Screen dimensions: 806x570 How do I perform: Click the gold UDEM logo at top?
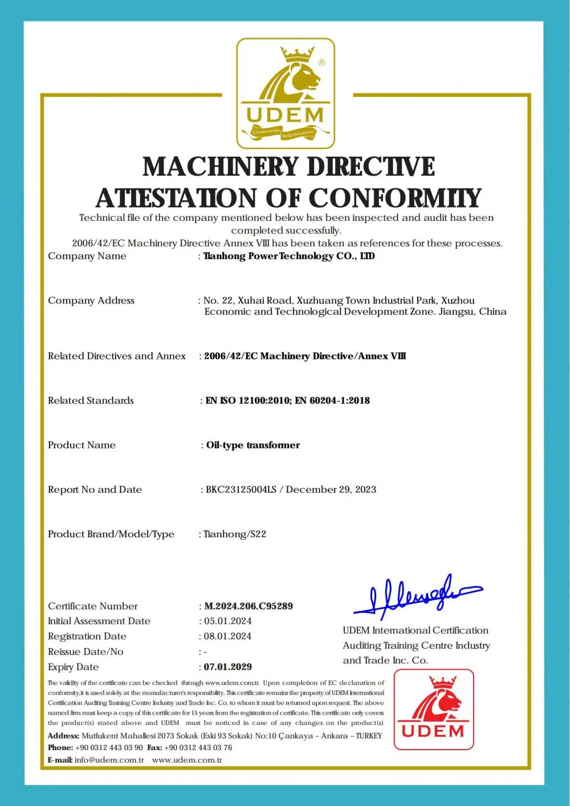286,94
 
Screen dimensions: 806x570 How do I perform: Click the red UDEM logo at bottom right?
434,709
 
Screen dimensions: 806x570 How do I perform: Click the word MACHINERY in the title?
218,167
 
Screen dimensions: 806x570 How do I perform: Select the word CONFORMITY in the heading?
394,198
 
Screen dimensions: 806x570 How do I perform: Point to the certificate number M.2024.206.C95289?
249,606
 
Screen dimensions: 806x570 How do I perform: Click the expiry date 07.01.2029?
228,666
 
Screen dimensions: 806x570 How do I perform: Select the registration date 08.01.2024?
227,636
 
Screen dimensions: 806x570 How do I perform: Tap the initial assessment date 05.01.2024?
227,621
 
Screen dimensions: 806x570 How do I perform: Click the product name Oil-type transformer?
253,445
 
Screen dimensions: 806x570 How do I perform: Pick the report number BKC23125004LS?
241,489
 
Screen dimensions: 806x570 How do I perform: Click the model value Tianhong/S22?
235,534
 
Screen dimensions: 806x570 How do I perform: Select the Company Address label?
91,301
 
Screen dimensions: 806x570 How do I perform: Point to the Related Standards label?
91,400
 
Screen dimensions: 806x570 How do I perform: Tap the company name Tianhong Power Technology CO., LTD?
289,256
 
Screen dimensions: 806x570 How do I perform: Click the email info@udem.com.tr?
109,760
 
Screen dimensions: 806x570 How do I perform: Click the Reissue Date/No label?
85,651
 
